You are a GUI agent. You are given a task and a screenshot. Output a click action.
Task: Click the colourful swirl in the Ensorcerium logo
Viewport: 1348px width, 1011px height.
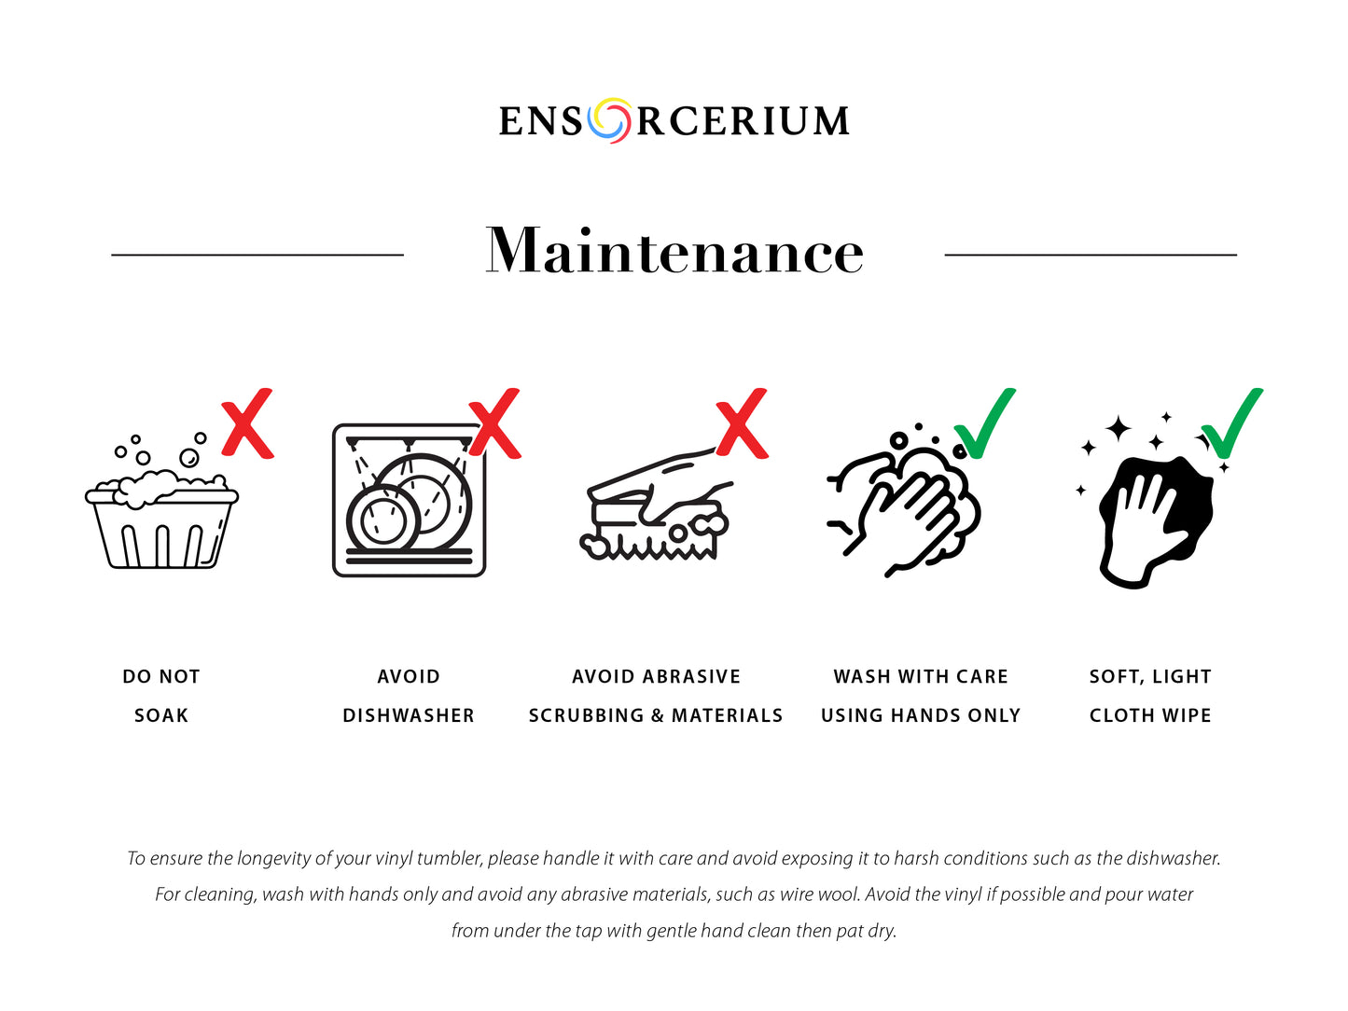(609, 120)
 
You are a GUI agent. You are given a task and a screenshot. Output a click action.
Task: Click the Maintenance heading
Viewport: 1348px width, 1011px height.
(674, 251)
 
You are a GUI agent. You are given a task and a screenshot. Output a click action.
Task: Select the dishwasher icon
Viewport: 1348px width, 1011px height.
(409, 500)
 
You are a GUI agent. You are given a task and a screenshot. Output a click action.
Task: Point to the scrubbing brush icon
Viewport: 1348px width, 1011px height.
(656, 504)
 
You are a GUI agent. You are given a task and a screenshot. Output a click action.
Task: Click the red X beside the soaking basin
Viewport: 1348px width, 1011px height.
(247, 423)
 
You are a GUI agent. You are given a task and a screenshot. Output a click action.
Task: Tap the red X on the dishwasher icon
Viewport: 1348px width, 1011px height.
(495, 423)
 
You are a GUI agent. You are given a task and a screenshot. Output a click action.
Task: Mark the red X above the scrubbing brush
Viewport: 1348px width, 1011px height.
(742, 423)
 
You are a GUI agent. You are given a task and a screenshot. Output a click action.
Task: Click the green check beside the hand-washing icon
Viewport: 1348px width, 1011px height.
(985, 423)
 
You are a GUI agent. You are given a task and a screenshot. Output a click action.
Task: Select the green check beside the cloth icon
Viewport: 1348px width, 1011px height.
(1232, 423)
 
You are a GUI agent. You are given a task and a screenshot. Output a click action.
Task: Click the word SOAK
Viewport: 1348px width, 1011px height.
(161, 715)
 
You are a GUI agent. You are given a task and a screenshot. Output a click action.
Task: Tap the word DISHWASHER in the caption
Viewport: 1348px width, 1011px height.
(409, 715)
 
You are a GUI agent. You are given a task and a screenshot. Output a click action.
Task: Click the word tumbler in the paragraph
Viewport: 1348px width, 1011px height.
(451, 858)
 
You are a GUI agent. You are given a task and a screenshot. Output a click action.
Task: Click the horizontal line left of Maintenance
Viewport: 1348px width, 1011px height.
(257, 254)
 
